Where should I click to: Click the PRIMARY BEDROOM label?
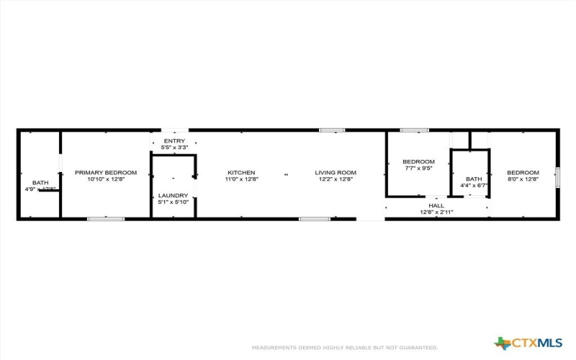tap(106, 173)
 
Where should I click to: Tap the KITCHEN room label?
tap(241, 173)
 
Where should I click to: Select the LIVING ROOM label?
tap(336, 173)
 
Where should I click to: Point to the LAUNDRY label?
tap(174, 195)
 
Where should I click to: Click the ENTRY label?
tap(174, 141)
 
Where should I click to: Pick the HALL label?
tap(436, 204)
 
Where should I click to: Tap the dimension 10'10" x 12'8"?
tap(106, 180)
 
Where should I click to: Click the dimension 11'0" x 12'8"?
tap(241, 180)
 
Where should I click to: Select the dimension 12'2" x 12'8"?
tap(336, 180)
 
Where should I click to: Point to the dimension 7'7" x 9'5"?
tap(418, 168)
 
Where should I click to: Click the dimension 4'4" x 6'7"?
tap(474, 186)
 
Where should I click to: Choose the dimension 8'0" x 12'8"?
tap(523, 180)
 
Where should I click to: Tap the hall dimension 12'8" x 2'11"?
tap(436, 212)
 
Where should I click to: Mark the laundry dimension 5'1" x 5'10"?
tap(174, 202)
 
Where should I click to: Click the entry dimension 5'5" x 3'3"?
tap(174, 148)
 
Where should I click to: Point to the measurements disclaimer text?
tap(344, 347)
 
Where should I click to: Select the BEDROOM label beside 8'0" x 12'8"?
tap(523, 173)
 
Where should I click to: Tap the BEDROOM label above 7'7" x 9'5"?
tap(418, 161)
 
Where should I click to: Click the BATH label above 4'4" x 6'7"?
tap(474, 179)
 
